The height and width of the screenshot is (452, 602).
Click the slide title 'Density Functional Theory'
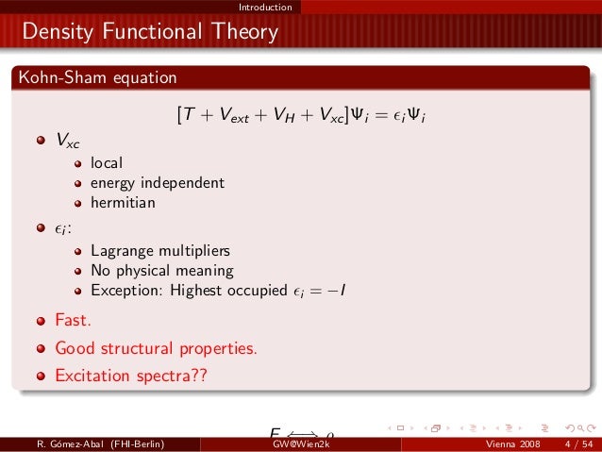pos(151,33)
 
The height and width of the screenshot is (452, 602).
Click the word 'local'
pos(107,162)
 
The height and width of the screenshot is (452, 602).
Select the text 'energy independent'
pos(157,182)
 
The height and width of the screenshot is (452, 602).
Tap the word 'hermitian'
pos(123,202)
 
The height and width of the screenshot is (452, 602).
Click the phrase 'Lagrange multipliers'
pos(160,251)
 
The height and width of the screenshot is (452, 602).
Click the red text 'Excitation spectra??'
pos(130,375)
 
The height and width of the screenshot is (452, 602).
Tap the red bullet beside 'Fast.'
pos(41,321)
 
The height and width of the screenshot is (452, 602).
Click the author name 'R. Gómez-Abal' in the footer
pos(65,444)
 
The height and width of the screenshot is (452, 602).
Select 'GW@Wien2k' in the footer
pos(301,444)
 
